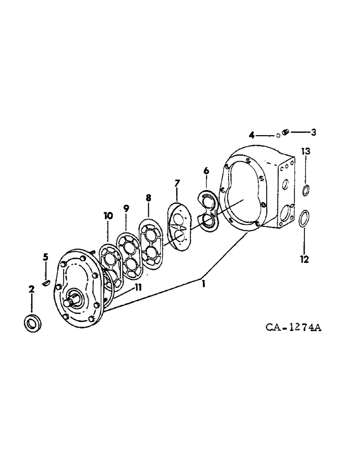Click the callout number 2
[31, 290]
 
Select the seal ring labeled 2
[32, 323]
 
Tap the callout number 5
[46, 257]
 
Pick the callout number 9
[126, 208]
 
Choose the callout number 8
[148, 198]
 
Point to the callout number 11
[138, 288]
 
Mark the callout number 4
[252, 135]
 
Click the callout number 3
[313, 132]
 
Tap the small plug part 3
[286, 133]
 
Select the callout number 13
[305, 151]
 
